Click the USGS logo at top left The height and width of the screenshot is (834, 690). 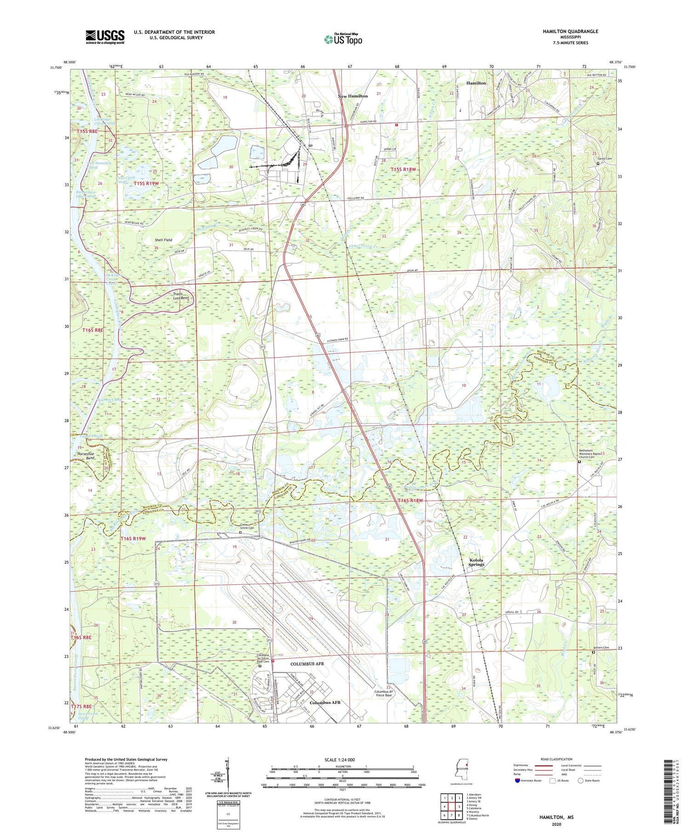pyautogui.click(x=105, y=37)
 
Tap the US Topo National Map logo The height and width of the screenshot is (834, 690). pyautogui.click(x=343, y=39)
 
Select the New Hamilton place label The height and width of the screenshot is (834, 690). pyautogui.click(x=353, y=96)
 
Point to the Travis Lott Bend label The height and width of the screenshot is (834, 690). pyautogui.click(x=181, y=296)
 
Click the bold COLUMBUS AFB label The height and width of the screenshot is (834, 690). pyautogui.click(x=307, y=664)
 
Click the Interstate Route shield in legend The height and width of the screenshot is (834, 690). pyautogui.click(x=517, y=780)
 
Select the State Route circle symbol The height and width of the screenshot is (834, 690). pyautogui.click(x=581, y=780)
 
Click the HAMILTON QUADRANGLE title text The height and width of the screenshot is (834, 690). pyautogui.click(x=570, y=31)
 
